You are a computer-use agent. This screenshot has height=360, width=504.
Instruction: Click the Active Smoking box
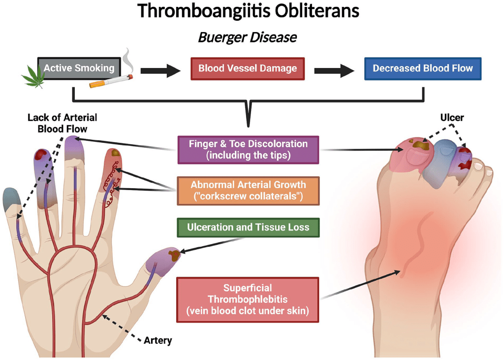(x=79, y=68)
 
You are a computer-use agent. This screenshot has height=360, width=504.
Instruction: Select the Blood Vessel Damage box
(x=247, y=68)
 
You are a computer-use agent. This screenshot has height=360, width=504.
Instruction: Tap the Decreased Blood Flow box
(x=422, y=68)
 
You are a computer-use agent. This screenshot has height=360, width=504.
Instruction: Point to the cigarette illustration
(x=111, y=81)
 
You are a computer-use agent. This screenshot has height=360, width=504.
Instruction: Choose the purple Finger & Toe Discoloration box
(x=248, y=149)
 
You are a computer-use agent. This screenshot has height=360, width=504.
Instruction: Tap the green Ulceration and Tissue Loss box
(x=248, y=227)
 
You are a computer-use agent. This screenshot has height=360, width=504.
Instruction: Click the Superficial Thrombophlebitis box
(x=248, y=299)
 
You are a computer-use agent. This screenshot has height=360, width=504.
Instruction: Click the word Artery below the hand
(x=157, y=340)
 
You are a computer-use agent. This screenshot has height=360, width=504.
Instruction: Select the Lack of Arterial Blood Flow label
(x=62, y=123)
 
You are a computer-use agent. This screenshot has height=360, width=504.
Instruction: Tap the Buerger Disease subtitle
(x=248, y=37)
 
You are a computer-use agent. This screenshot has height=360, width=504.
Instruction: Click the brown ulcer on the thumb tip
(x=174, y=255)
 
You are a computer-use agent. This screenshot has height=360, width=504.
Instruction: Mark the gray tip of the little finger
(x=11, y=198)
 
